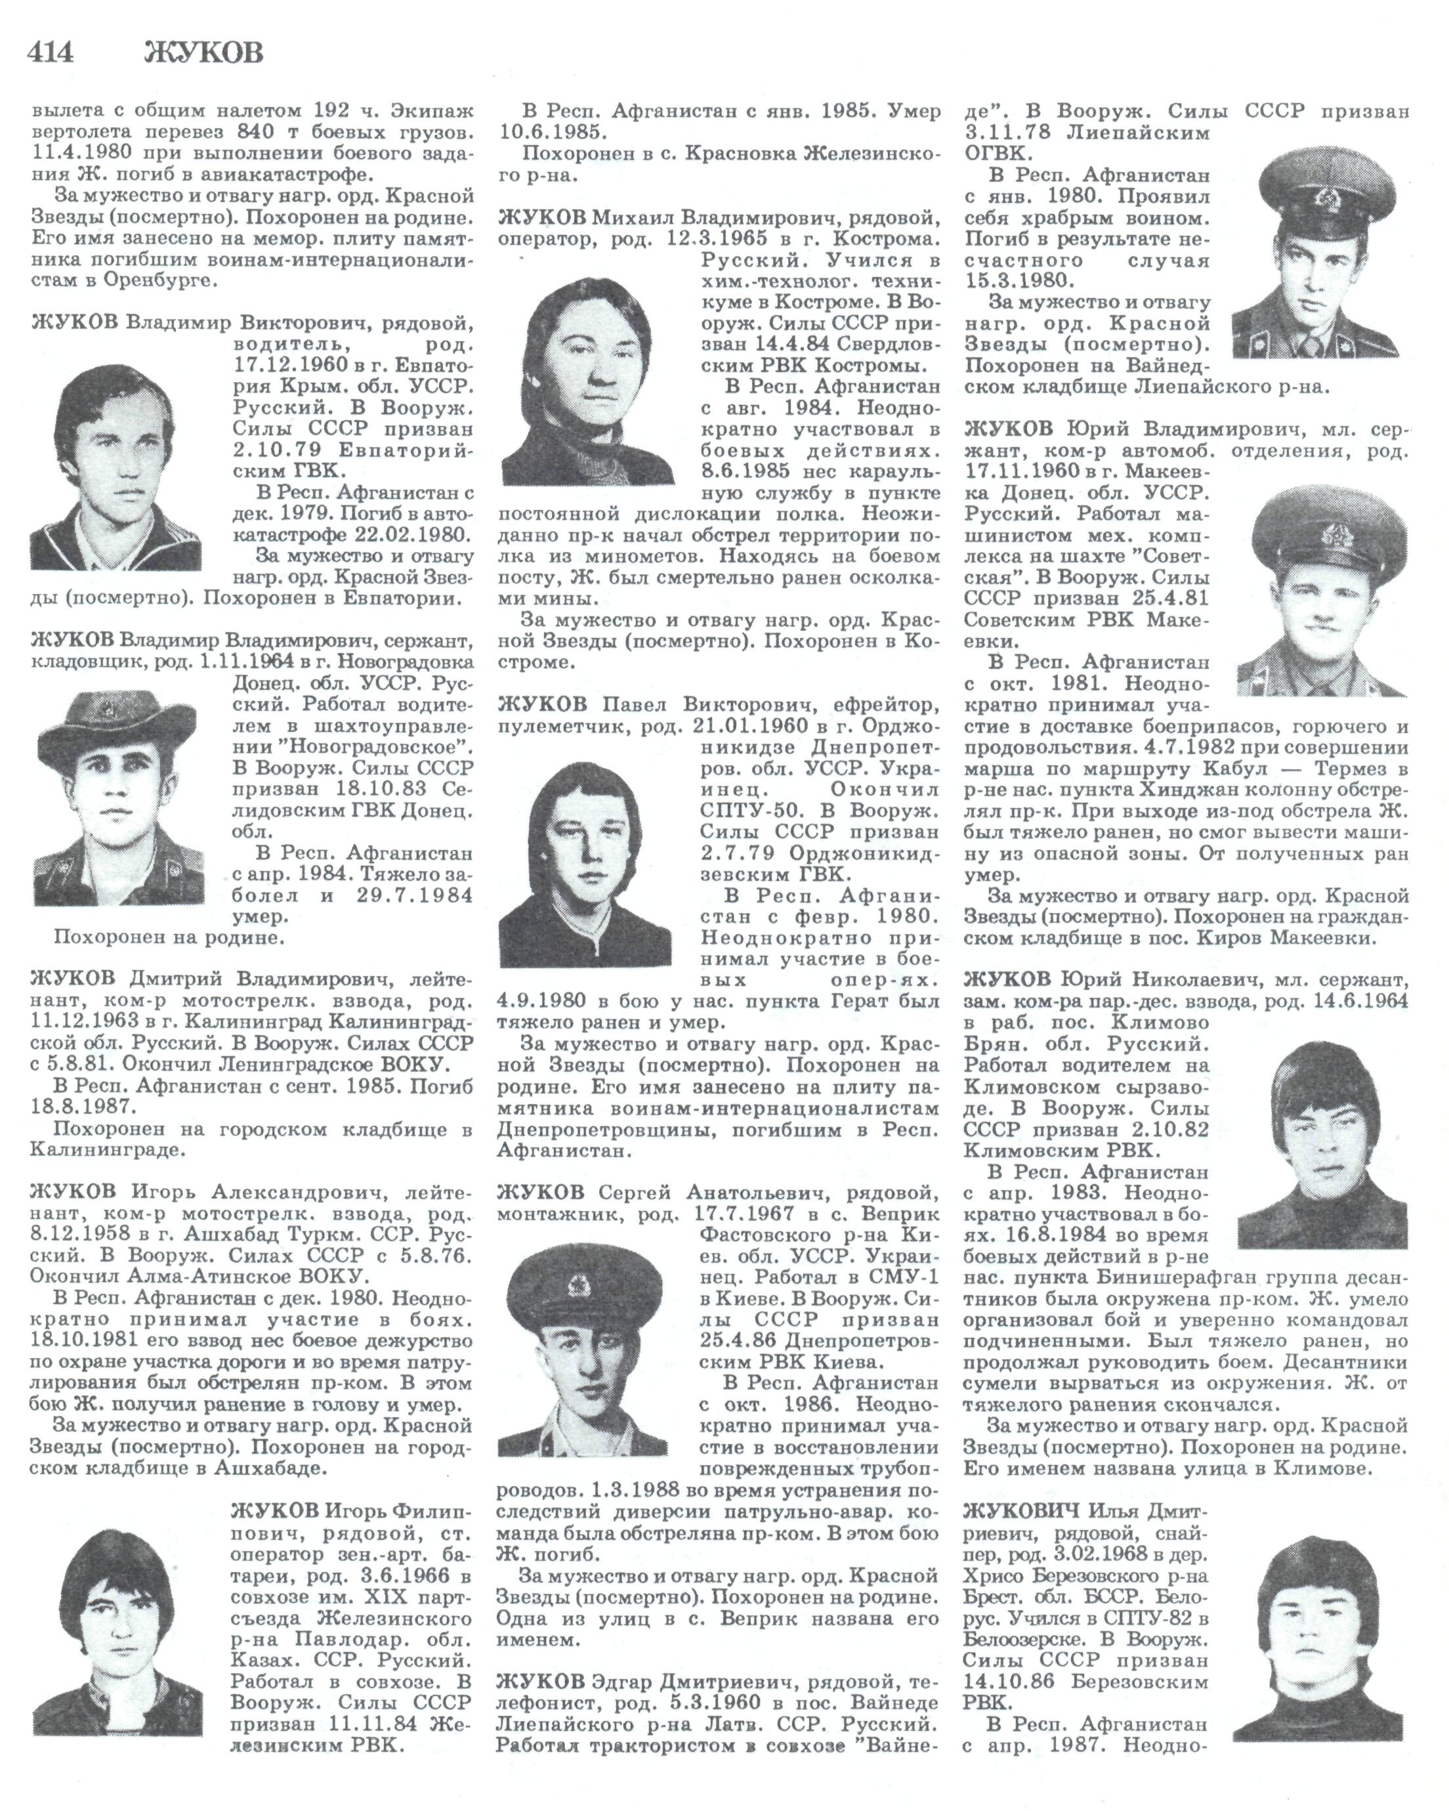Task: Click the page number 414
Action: coord(51,53)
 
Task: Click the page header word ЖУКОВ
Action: coord(203,53)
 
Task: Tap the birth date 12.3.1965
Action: coord(719,240)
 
